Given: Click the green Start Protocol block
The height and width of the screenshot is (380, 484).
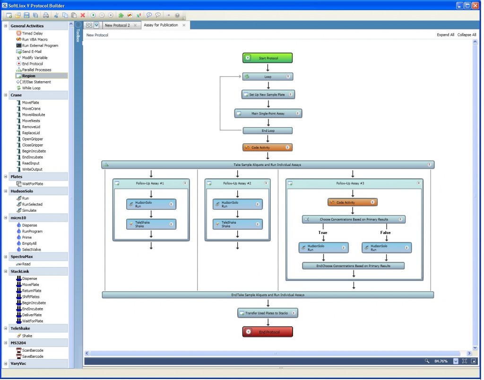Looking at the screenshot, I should pyautogui.click(x=268, y=58).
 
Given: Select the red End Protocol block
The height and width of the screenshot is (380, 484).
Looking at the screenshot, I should pyautogui.click(x=268, y=332).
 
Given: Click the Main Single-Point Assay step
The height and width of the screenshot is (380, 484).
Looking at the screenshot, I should pyautogui.click(x=268, y=113).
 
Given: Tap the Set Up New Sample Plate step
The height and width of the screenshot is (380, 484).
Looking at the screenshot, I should pyautogui.click(x=268, y=95).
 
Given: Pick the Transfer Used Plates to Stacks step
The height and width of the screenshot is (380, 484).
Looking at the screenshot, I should pyautogui.click(x=268, y=313).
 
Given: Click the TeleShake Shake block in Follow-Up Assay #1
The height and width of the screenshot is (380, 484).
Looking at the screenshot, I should pyautogui.click(x=151, y=224).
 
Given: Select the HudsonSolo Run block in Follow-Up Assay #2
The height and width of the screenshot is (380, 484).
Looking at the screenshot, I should pyautogui.click(x=237, y=204).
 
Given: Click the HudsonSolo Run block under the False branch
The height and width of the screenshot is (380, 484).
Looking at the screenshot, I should pyautogui.click(x=387, y=248).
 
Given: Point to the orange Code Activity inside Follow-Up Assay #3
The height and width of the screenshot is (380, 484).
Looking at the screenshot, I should pyautogui.click(x=352, y=202).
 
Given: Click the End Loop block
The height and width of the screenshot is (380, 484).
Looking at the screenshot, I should pyautogui.click(x=268, y=131).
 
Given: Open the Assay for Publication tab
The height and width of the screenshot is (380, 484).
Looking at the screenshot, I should pyautogui.click(x=161, y=25).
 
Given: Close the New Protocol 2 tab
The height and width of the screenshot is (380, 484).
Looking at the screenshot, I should pyautogui.click(x=135, y=26).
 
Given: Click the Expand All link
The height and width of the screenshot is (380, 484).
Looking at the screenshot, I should pyautogui.click(x=445, y=35).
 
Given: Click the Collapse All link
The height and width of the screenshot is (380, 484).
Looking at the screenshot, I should pyautogui.click(x=467, y=35).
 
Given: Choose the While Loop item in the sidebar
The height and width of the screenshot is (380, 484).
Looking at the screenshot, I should pyautogui.click(x=31, y=88).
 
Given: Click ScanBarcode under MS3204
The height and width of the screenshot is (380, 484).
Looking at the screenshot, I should pyautogui.click(x=32, y=350).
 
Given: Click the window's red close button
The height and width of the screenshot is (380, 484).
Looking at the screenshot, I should pyautogui.click(x=476, y=6).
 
